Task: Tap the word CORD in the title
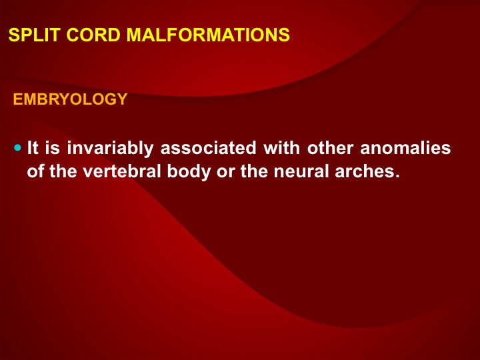click(93, 35)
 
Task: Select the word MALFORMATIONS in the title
click(208, 35)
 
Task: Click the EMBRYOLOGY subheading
click(70, 99)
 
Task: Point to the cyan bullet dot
click(18, 148)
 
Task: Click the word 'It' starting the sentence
click(33, 148)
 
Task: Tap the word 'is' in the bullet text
click(53, 148)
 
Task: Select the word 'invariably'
click(110, 149)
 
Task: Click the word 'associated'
click(208, 148)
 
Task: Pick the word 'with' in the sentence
click(281, 148)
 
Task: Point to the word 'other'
click(330, 148)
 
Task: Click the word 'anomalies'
click(405, 148)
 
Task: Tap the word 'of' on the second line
click(35, 171)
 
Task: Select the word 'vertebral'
click(122, 171)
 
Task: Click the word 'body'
click(189, 172)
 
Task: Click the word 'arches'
click(367, 171)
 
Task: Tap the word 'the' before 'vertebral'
click(63, 171)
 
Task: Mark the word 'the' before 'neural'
click(254, 171)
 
